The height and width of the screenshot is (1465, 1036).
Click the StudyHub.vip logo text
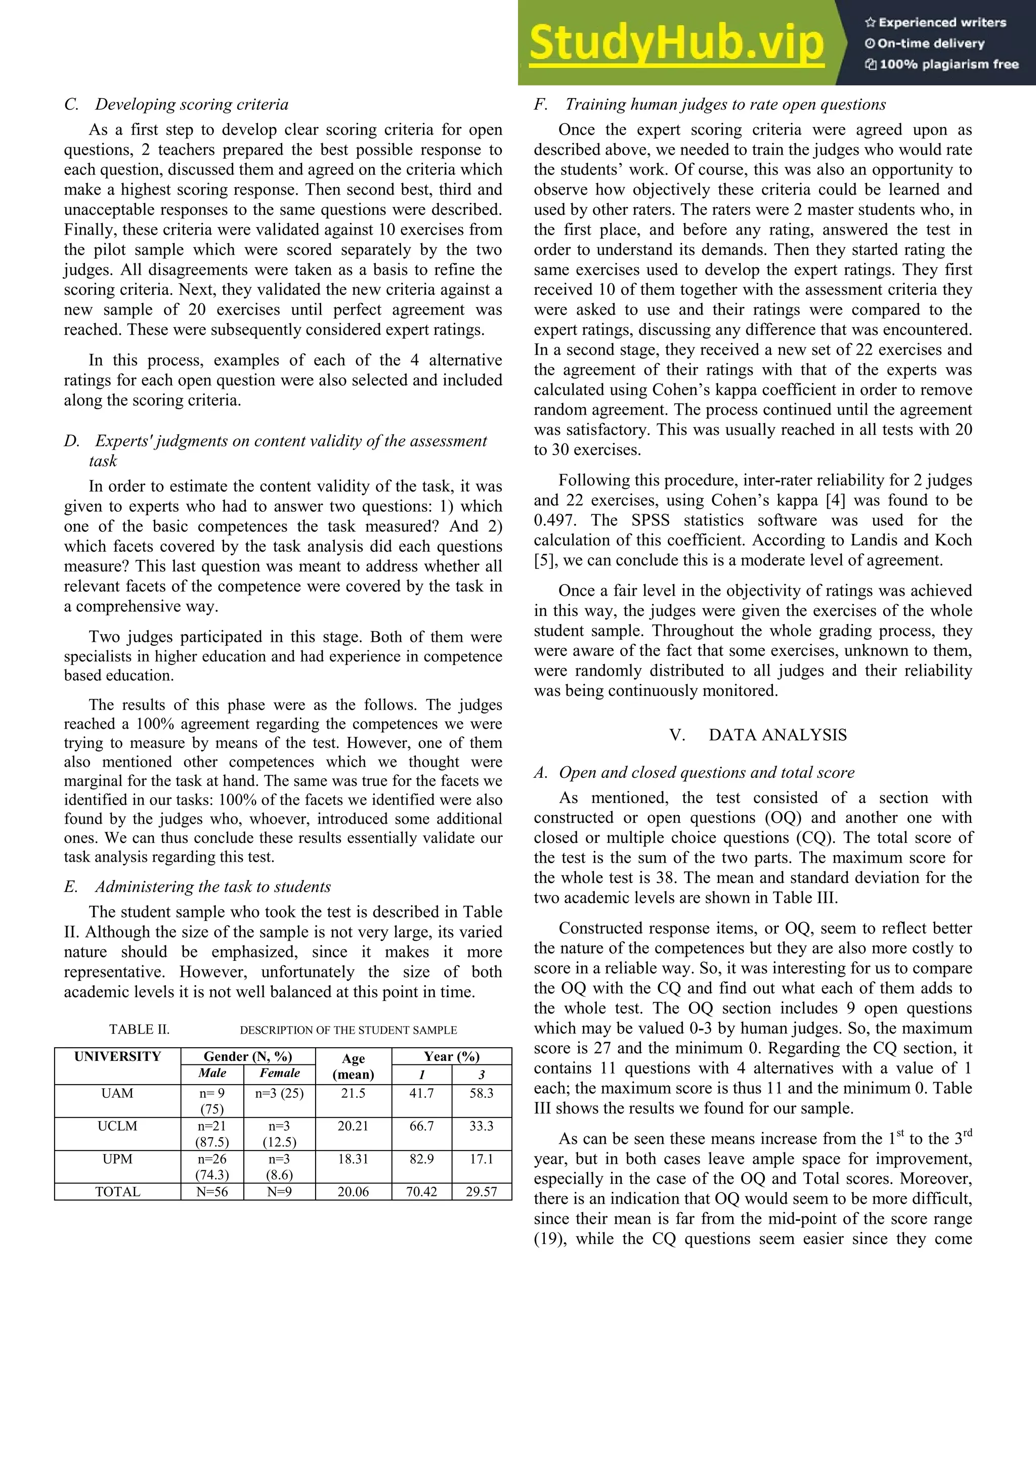(x=677, y=43)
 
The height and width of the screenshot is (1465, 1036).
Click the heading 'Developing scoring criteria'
(x=192, y=104)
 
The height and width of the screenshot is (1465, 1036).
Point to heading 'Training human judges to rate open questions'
(x=725, y=104)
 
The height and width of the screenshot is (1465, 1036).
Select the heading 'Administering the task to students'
(x=212, y=886)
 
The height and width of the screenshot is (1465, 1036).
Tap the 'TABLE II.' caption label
(x=139, y=1029)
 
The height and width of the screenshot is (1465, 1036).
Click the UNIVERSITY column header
(x=117, y=1056)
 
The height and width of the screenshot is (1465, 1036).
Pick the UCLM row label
(x=117, y=1126)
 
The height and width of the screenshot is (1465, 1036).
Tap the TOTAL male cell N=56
(x=212, y=1191)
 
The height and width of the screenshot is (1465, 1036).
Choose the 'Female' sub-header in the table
(x=280, y=1073)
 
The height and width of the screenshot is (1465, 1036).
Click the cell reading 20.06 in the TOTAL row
(x=353, y=1191)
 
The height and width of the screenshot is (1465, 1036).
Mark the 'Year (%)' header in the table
(x=451, y=1056)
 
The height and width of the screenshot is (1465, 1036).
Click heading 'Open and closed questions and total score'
(x=706, y=772)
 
